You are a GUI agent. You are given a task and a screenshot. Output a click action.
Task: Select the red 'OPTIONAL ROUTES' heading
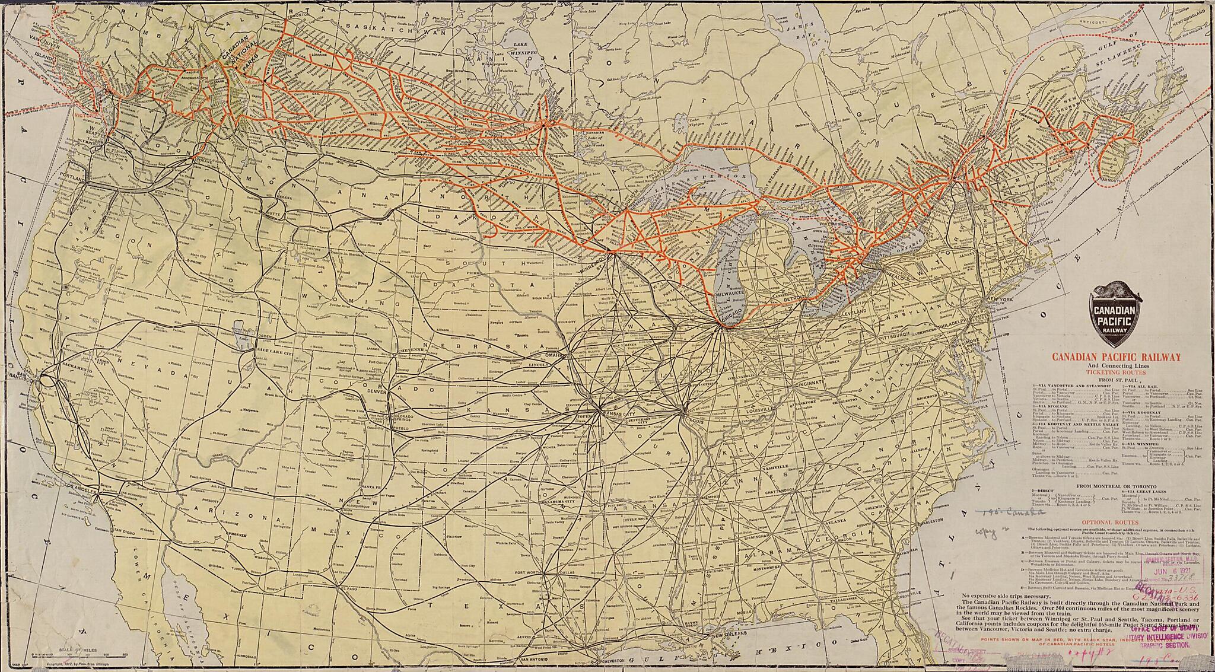pyautogui.click(x=1115, y=522)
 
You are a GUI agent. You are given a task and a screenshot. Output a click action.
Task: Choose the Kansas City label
pyautogui.click(x=619, y=413)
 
